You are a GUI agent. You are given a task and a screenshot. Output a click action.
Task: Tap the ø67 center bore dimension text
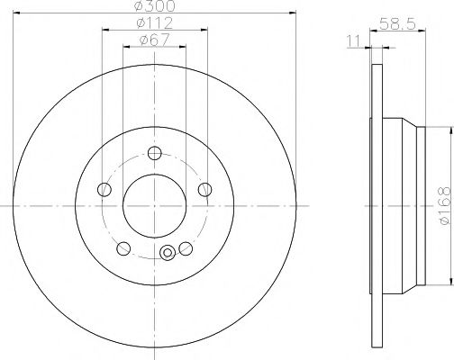154,40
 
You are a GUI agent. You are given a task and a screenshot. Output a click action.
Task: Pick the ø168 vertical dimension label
443,204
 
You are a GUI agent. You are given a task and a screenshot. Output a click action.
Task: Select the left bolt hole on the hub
104,189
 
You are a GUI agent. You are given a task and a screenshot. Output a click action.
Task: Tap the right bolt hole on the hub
205,189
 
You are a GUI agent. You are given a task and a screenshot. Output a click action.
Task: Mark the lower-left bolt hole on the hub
123,248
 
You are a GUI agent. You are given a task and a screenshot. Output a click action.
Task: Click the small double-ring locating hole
166,254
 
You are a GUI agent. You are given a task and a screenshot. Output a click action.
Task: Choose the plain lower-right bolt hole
186,248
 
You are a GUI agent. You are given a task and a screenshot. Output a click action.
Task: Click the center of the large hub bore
154,204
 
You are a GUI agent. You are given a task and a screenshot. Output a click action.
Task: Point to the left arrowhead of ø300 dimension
19,13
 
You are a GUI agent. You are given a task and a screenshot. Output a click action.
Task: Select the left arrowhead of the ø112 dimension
106,30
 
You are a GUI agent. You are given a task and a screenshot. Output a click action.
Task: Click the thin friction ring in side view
374,204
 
